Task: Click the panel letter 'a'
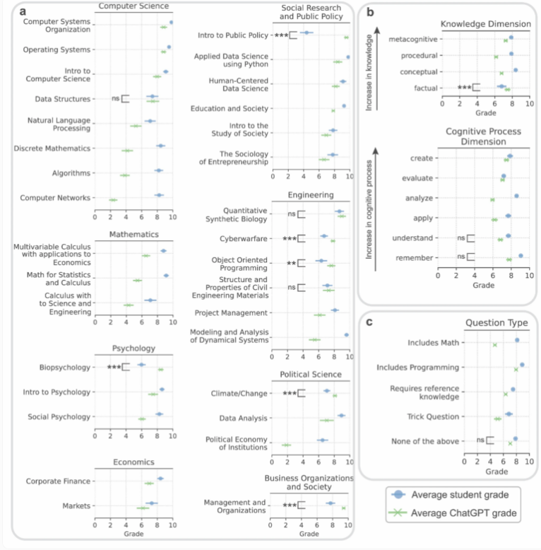(x=23, y=12)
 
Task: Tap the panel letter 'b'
(x=371, y=12)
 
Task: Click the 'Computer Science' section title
(x=133, y=6)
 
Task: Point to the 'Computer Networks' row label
(x=56, y=198)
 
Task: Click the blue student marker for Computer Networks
(x=159, y=195)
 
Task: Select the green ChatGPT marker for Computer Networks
(x=112, y=200)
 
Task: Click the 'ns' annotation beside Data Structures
(x=116, y=99)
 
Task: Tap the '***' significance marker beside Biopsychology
(x=114, y=367)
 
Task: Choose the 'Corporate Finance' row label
(x=59, y=481)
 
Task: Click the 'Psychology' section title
(x=133, y=348)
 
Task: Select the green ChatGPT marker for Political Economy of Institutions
(x=286, y=445)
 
